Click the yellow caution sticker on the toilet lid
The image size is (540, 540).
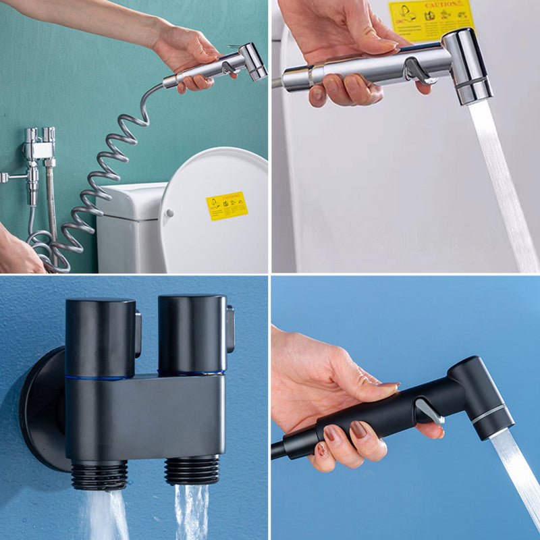pyautogui.click(x=227, y=206)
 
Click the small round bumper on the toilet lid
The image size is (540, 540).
pyautogui.click(x=169, y=213)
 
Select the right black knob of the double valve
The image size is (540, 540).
pyautogui.click(x=192, y=333)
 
